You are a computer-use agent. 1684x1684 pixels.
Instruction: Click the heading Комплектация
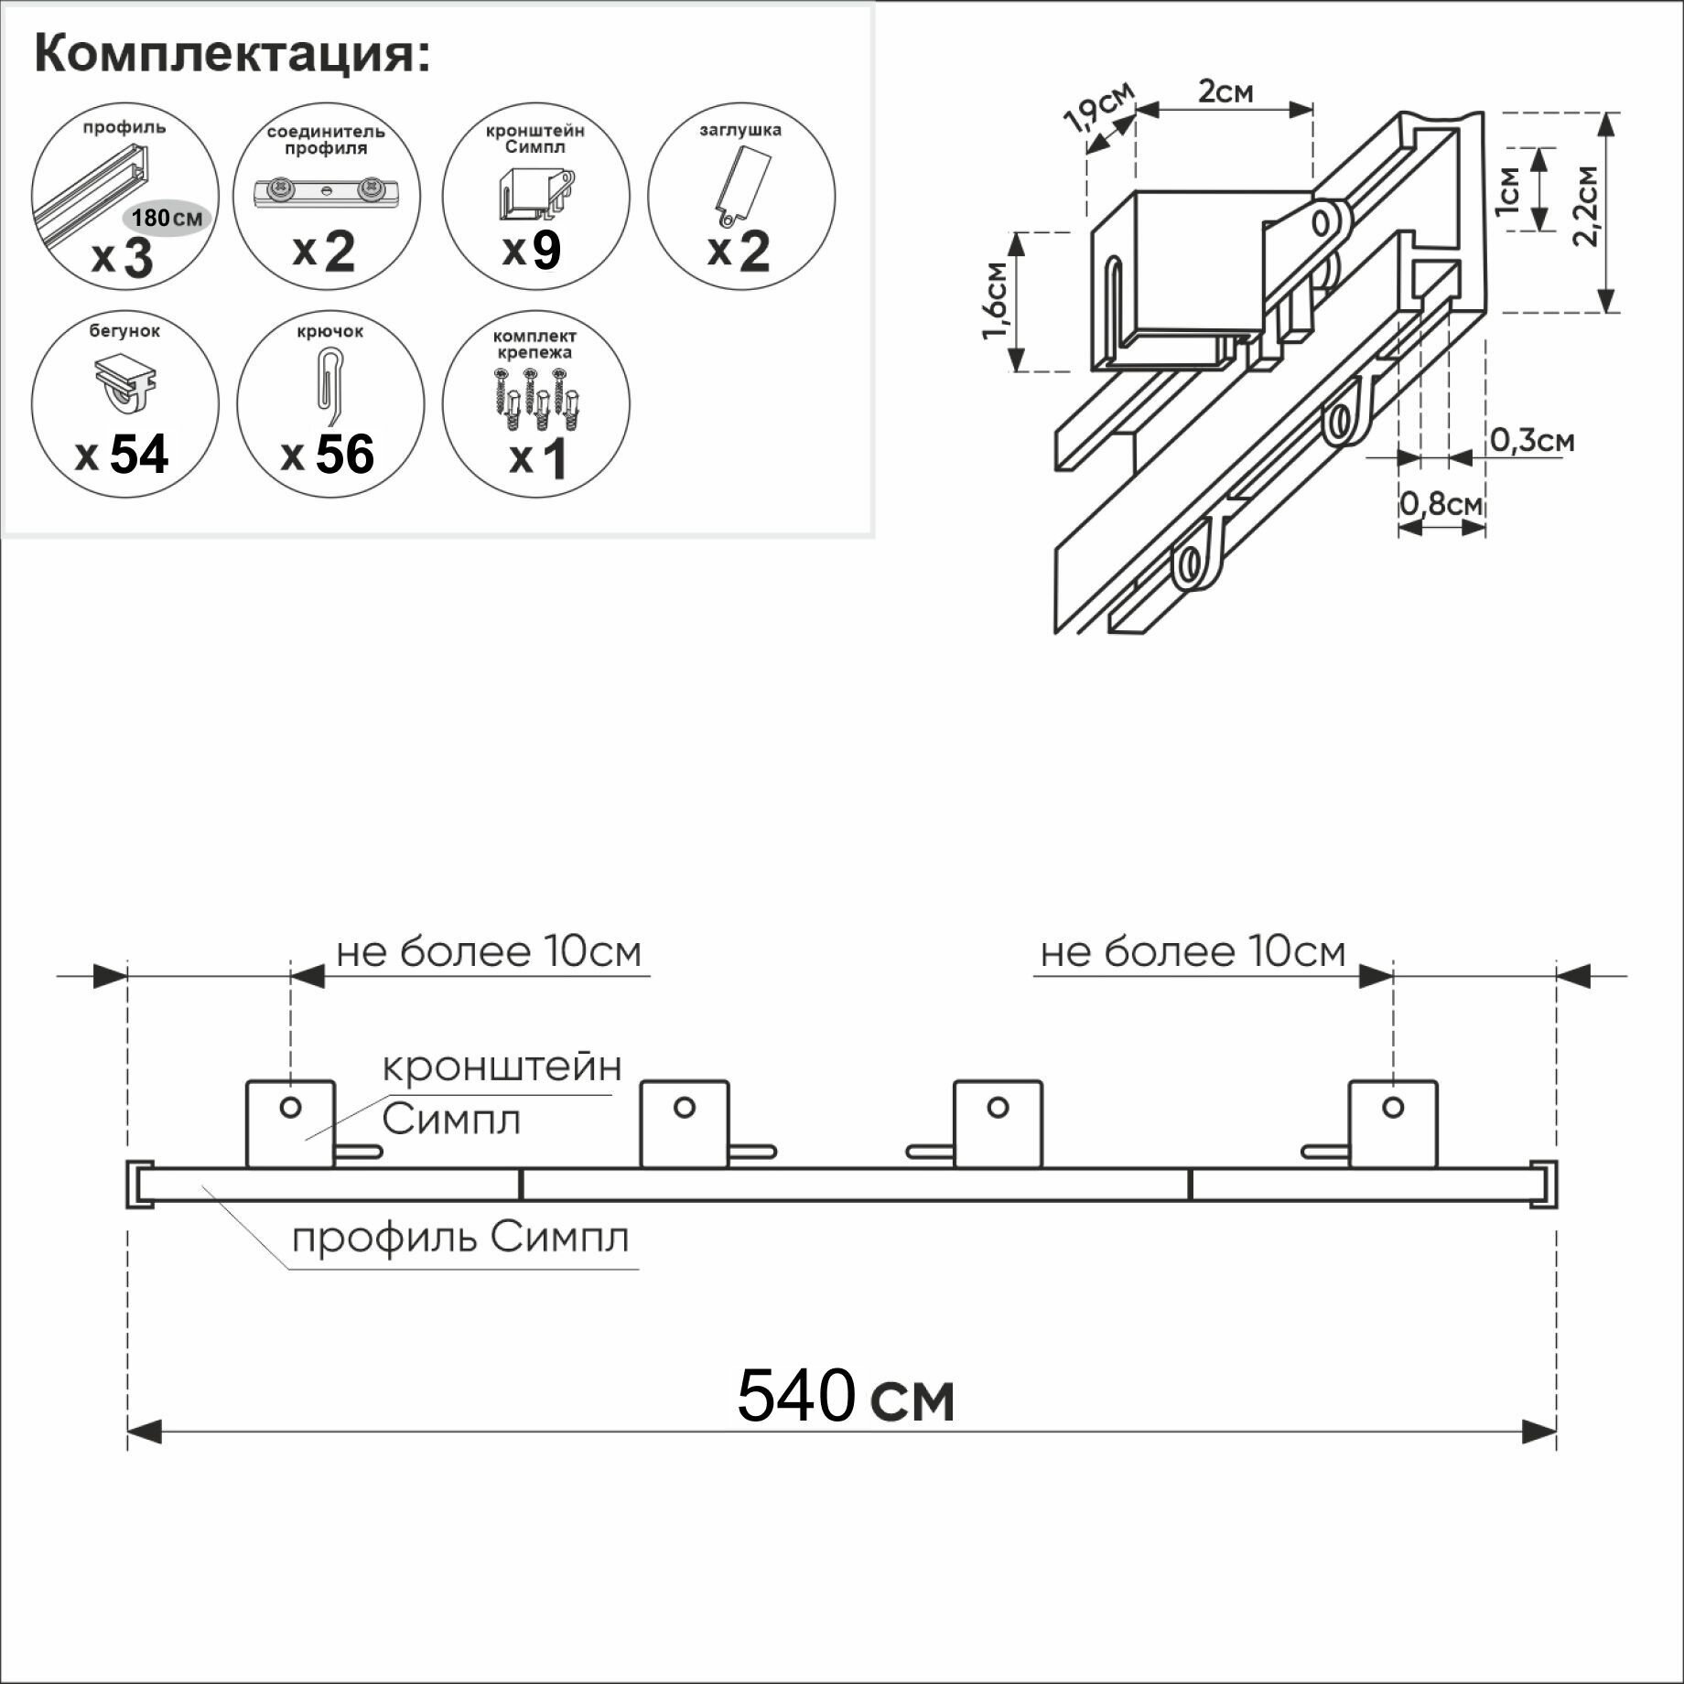point(232,55)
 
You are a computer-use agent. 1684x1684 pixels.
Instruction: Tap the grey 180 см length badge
point(167,218)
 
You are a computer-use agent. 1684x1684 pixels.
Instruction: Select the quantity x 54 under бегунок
point(123,454)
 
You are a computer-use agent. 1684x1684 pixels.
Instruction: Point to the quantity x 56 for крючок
point(329,454)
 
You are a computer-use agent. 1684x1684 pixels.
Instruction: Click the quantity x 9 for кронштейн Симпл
point(533,249)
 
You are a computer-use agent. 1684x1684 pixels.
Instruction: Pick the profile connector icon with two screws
point(327,192)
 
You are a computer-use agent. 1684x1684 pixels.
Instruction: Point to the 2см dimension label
point(1225,91)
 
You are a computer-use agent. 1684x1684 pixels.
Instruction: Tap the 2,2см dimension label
point(1586,207)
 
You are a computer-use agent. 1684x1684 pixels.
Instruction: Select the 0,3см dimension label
point(1532,441)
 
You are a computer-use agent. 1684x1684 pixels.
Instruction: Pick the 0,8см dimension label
point(1441,504)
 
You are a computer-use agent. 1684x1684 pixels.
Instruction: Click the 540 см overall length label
point(845,1396)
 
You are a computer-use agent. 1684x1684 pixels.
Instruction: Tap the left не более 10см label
point(489,952)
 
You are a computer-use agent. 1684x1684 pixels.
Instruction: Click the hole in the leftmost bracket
point(290,1108)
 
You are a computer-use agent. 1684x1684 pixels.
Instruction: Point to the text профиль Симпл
point(460,1239)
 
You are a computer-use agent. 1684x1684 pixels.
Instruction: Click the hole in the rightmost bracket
point(1393,1108)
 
